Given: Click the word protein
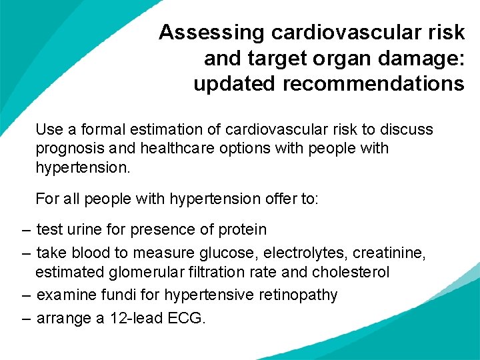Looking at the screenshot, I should (242, 230).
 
